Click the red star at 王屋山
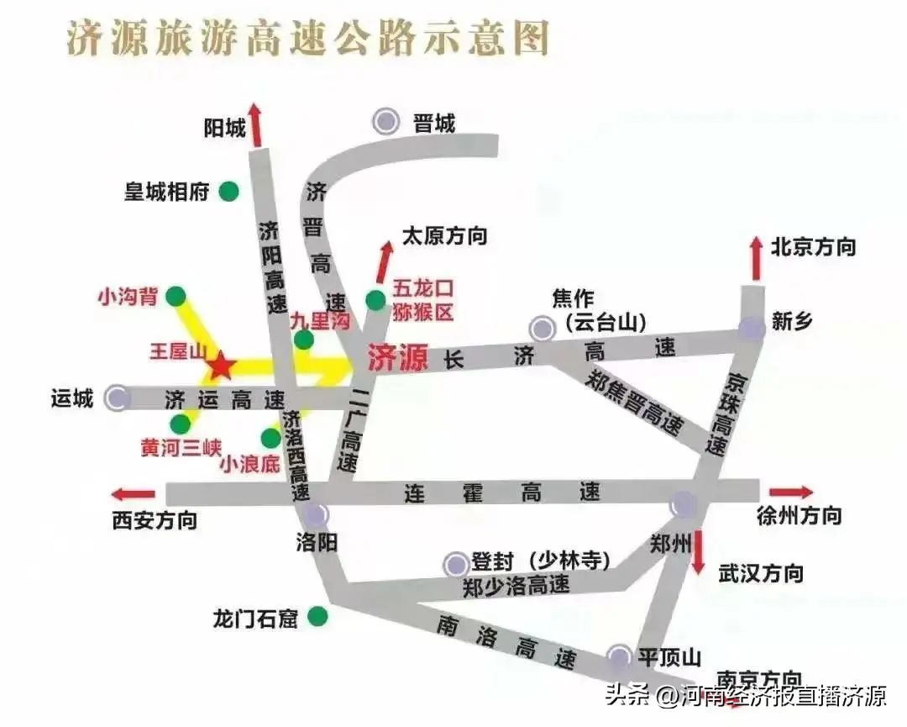click(x=221, y=366)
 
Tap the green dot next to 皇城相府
click(x=228, y=192)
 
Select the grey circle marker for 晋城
click(x=386, y=122)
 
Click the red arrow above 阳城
click(x=255, y=127)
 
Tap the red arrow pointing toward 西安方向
click(x=134, y=494)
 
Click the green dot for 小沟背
click(x=176, y=296)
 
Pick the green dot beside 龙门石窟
click(x=317, y=618)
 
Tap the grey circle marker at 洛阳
click(x=317, y=514)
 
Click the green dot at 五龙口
click(x=375, y=300)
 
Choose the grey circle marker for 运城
click(x=118, y=398)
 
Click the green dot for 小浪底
click(x=270, y=438)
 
